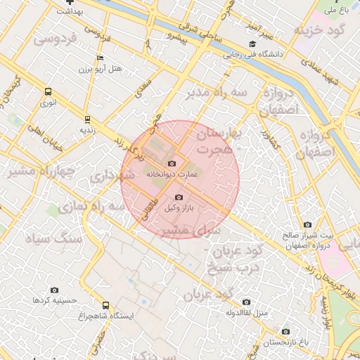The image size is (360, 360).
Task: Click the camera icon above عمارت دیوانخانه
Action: pos(172,163)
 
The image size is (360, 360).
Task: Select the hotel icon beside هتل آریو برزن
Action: pos(101,58)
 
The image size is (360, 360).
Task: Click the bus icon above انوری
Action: pos(48,91)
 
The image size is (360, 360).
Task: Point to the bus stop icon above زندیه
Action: pos(87,119)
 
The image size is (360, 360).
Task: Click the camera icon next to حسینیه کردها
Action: pos(55,290)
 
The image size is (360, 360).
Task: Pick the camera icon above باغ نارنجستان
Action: pos(285,331)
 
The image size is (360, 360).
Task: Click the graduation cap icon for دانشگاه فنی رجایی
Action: pos(252,44)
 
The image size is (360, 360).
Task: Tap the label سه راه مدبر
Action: pos(215,93)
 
